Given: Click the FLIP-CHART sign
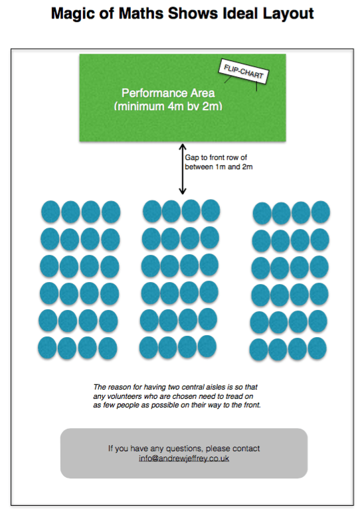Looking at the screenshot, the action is click(243, 71).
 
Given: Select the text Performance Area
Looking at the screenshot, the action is click(168, 93).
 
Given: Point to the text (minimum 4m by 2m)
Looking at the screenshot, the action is click(168, 106).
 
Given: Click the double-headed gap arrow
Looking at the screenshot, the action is click(183, 169).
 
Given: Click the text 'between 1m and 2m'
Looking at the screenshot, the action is click(219, 167).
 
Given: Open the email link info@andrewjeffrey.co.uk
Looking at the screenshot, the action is click(184, 459).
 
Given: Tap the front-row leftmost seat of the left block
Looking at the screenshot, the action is click(50, 212).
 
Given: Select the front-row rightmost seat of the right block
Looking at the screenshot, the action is click(321, 212).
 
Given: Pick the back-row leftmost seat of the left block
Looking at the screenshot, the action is click(47, 348).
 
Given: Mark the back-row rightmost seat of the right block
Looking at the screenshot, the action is click(317, 348).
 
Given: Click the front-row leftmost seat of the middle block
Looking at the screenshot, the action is click(152, 211).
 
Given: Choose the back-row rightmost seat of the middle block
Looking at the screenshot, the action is click(207, 346).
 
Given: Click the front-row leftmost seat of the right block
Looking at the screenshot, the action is click(262, 213).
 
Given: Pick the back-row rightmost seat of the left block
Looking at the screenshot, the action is click(108, 348).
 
